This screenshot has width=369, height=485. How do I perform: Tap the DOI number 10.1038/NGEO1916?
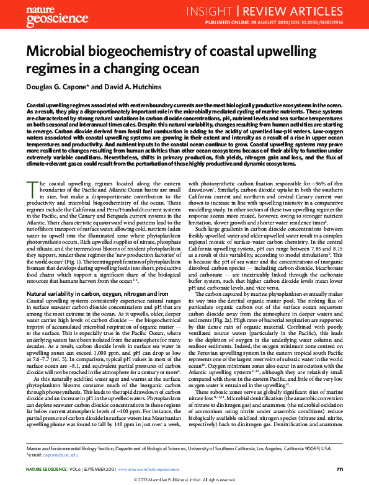pyautogui.click(x=324, y=22)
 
